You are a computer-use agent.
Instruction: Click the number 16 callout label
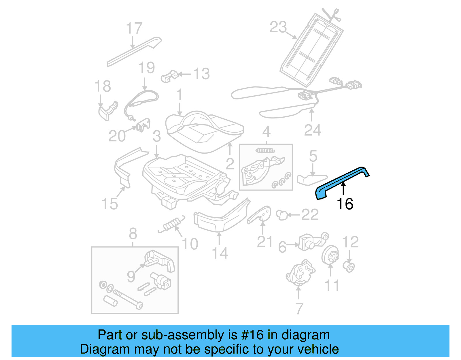tap(345, 204)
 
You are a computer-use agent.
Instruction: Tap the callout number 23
tap(278, 27)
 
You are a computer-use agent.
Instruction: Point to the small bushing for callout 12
tap(349, 267)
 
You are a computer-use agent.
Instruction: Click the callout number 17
tap(134, 28)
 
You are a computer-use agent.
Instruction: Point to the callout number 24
tap(312, 130)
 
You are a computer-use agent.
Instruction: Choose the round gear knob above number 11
tap(330, 255)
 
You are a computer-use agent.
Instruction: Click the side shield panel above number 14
tap(220, 218)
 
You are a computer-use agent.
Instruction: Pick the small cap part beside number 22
tap(282, 215)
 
